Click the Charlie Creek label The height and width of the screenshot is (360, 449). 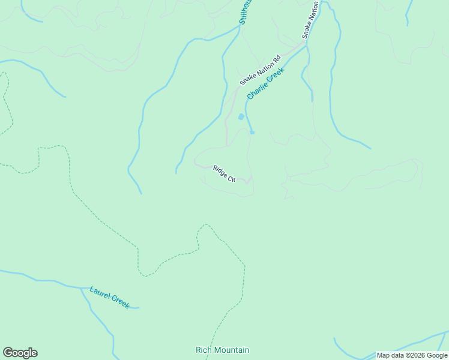pos(265,83)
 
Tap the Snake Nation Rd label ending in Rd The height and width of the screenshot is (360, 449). pos(260,70)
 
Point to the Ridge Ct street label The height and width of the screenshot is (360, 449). pos(223,173)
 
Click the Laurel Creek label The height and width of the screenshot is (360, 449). pos(109,297)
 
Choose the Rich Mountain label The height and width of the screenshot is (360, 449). pos(222,350)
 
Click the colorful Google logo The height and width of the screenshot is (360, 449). pos(20,353)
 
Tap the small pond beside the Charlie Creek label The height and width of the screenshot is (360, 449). pos(241,116)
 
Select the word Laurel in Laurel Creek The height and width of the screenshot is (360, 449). pos(100,293)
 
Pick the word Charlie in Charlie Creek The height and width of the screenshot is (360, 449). pos(257,90)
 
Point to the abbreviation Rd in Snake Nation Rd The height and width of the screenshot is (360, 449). pos(276,59)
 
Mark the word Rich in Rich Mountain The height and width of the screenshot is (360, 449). pos(203,350)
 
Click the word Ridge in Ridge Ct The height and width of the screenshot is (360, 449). pos(220,171)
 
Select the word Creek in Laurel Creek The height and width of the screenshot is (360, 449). pos(119,302)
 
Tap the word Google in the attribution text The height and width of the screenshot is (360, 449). pos(436,356)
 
